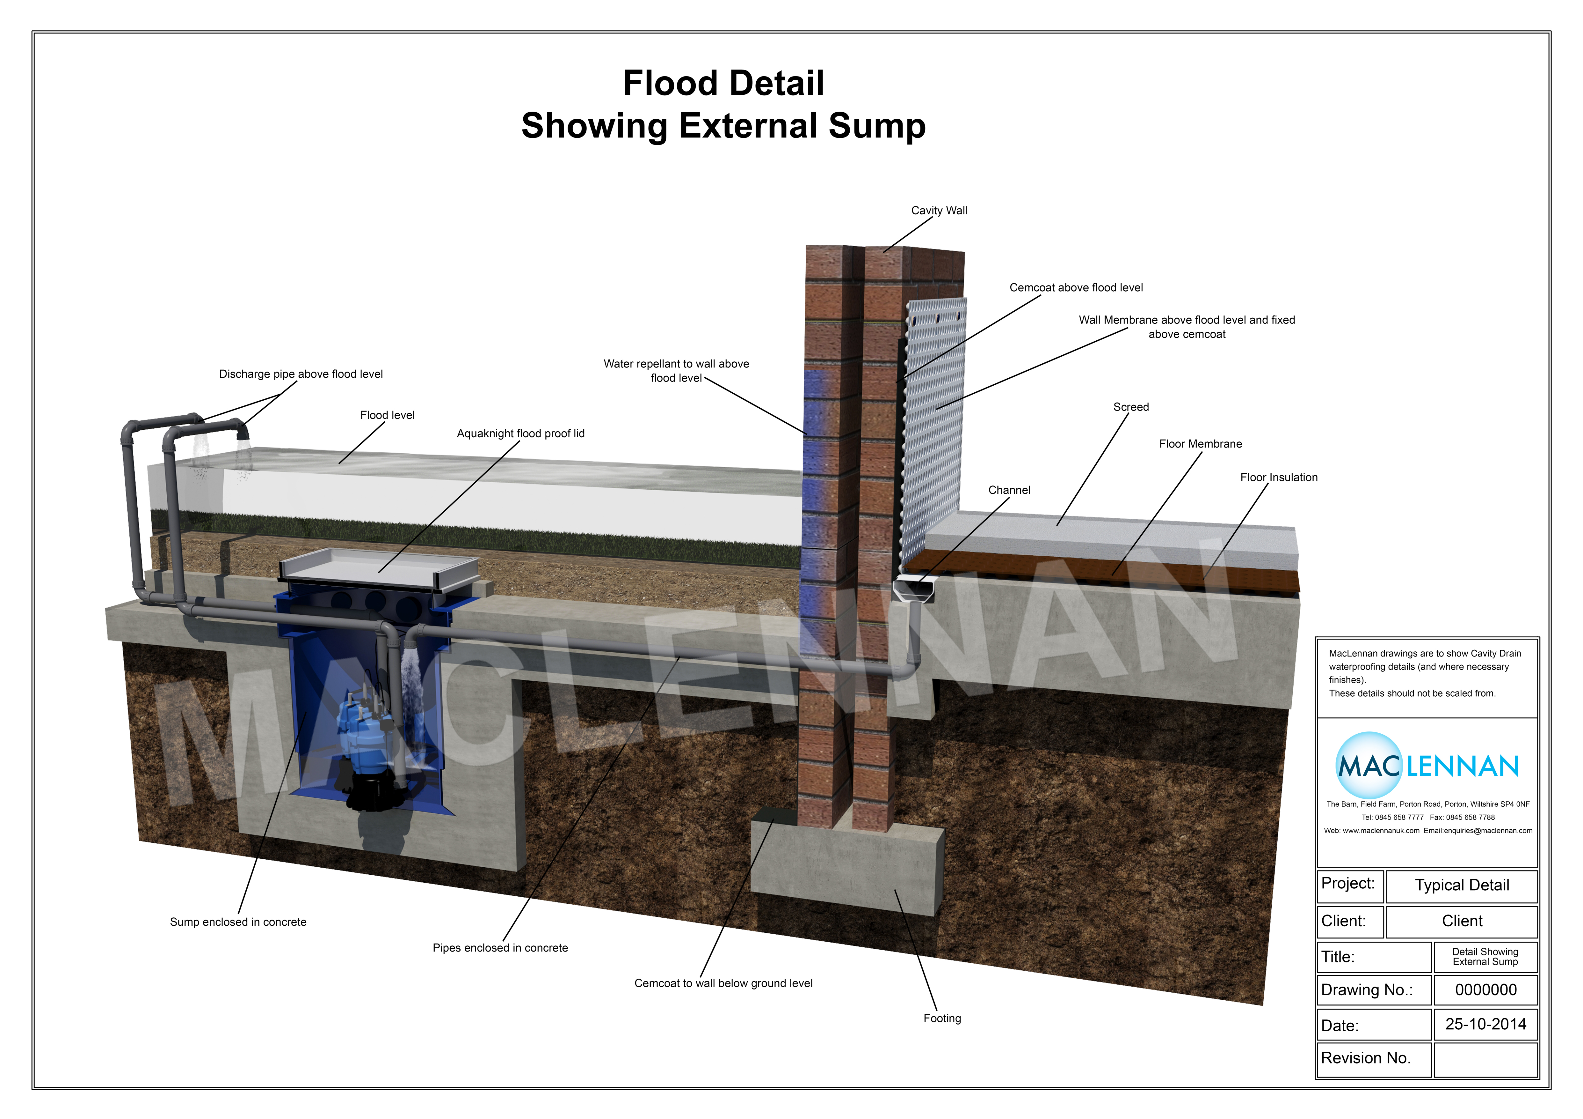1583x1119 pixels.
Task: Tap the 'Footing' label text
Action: point(942,1018)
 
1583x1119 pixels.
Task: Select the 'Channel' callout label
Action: point(1009,490)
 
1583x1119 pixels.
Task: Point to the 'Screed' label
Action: point(1131,407)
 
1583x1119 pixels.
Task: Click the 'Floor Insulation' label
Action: point(1278,478)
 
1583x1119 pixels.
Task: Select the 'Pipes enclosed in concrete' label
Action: point(500,948)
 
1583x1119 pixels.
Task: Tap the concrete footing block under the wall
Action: point(848,869)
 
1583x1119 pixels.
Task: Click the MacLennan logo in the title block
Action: point(1427,766)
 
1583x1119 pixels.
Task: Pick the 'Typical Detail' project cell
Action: point(1462,885)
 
